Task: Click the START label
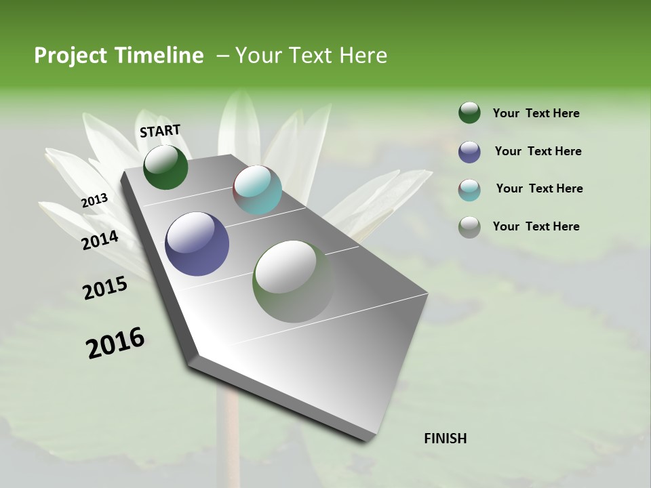tap(160, 131)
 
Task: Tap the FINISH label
tap(445, 439)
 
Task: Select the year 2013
tap(95, 201)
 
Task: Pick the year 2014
tap(100, 240)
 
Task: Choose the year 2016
tap(115, 342)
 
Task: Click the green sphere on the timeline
tap(165, 167)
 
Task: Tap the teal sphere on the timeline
tap(257, 190)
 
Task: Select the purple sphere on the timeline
tap(197, 244)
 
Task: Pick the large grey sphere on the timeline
tap(293, 281)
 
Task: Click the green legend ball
tap(469, 113)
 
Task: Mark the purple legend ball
tap(469, 152)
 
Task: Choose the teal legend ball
tap(469, 190)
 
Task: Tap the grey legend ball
tap(469, 227)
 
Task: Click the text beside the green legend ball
tap(536, 113)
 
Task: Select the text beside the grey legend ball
tap(536, 226)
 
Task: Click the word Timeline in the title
tap(160, 56)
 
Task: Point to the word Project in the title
tap(71, 56)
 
